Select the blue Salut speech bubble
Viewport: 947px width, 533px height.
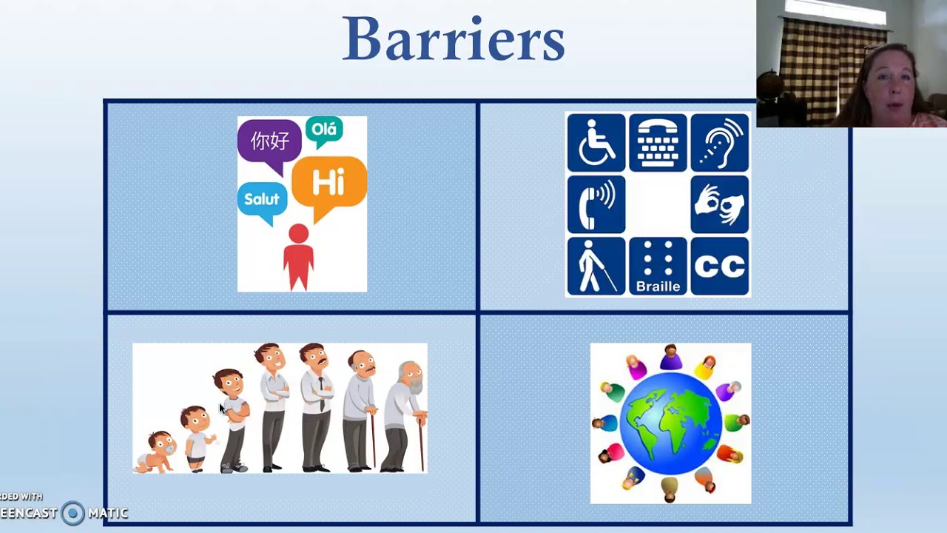[x=262, y=200]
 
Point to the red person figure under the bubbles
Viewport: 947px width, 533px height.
[x=298, y=256]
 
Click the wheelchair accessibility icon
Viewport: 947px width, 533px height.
[x=596, y=142]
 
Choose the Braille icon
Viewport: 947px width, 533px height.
[x=658, y=266]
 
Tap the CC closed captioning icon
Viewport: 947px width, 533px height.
[x=720, y=266]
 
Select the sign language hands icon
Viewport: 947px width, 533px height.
[x=720, y=204]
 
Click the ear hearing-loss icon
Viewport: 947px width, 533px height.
[x=720, y=142]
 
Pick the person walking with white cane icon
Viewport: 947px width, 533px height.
[x=596, y=266]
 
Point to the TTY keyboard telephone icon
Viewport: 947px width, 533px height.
[x=658, y=142]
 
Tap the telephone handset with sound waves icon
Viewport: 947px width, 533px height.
[x=596, y=204]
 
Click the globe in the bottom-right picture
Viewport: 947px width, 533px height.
[x=670, y=423]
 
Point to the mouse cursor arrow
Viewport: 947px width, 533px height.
[x=222, y=409]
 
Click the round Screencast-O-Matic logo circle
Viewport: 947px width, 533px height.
[x=73, y=512]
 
